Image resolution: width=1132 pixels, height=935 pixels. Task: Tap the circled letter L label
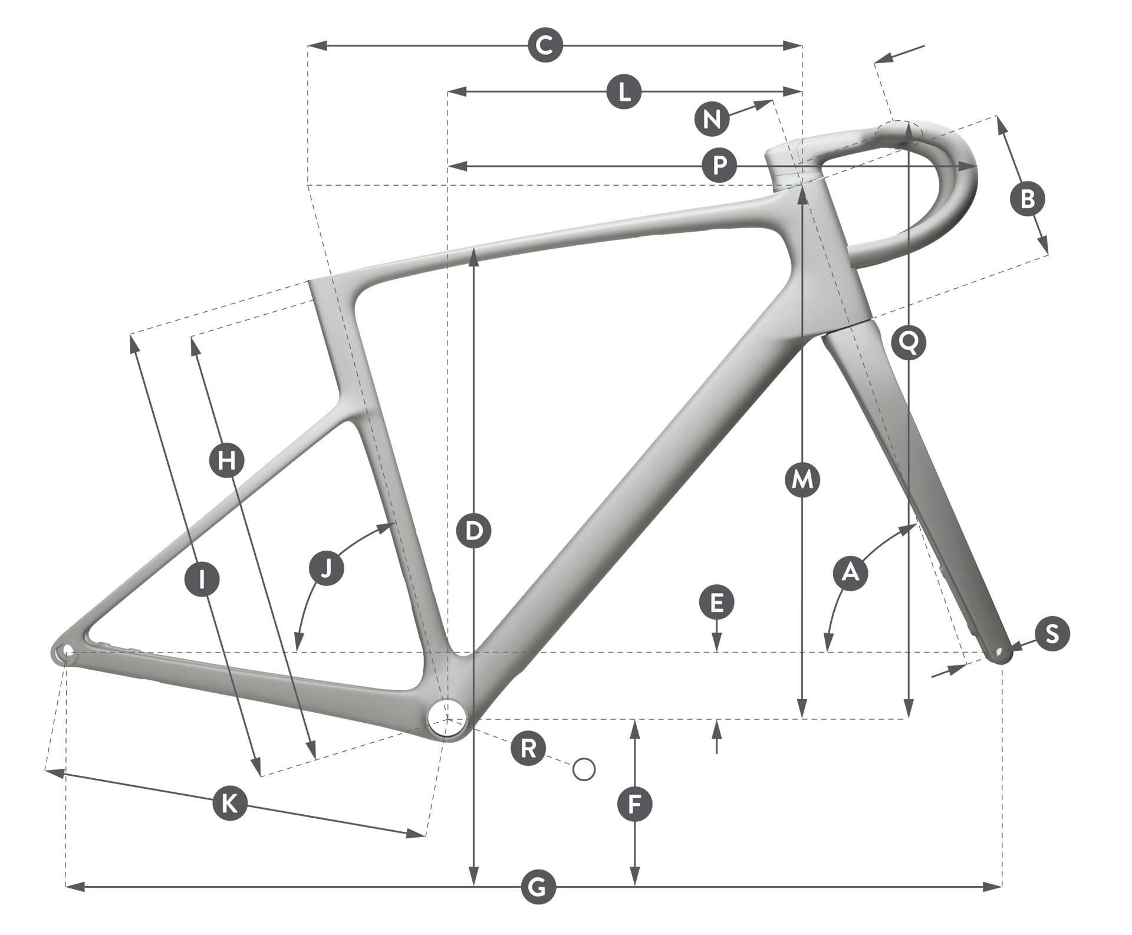tap(624, 93)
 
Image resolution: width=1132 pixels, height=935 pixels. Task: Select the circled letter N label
tap(712, 118)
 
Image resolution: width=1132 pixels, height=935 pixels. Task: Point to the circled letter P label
tap(719, 166)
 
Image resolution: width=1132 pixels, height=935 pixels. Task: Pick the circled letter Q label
tap(909, 341)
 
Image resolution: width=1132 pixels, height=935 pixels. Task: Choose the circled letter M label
tap(802, 480)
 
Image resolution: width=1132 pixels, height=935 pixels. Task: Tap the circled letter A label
tap(850, 572)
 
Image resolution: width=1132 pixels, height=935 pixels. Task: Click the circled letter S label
tap(1052, 634)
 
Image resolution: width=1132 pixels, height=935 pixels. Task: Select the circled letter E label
tap(716, 603)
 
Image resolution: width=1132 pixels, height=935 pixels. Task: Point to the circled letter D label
tap(473, 531)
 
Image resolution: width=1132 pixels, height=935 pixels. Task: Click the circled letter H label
tap(227, 459)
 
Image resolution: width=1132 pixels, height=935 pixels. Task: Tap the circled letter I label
tap(202, 580)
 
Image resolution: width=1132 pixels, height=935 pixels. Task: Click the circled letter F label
tap(634, 804)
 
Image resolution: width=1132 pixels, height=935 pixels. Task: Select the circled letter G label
tap(538, 885)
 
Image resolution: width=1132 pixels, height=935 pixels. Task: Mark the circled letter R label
tap(528, 749)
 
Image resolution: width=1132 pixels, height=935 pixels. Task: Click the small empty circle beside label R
tap(584, 769)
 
